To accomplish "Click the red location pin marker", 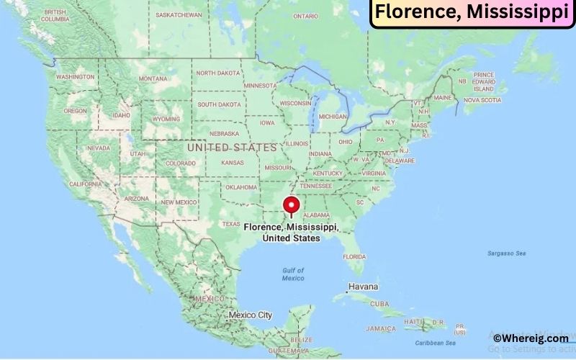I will tap(292, 205).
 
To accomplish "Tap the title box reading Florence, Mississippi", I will tap(472, 13).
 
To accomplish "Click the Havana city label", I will tap(363, 287).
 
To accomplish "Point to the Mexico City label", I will tap(250, 315).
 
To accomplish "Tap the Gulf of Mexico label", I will tap(292, 274).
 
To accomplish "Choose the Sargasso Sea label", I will tap(506, 253).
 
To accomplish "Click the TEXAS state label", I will tap(231, 224).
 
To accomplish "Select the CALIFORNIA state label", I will tap(85, 184).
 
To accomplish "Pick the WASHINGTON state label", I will tap(75, 76).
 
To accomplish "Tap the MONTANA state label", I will tap(153, 78).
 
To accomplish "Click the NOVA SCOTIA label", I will tap(482, 100).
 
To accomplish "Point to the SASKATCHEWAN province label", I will tap(179, 14).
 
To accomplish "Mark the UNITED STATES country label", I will tap(231, 147).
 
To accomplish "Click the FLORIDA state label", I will tap(354, 256).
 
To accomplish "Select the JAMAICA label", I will tap(380, 328).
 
